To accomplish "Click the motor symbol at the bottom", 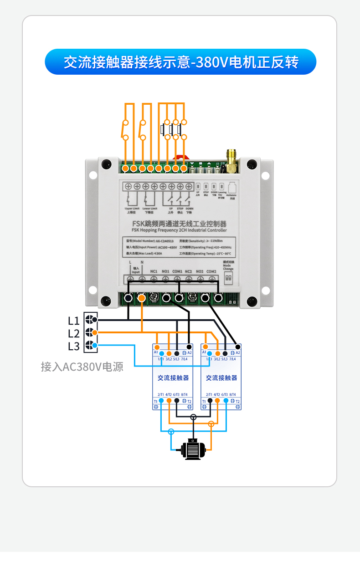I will coord(193,449).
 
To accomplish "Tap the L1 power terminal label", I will coord(74,320).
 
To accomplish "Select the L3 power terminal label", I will coord(74,346).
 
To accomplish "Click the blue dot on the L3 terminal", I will coord(94,346).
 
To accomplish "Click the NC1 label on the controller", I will coord(154,272).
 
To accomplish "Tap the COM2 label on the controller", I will coord(211,272).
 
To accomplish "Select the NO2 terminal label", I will coord(200,272).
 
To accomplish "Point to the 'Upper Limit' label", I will coord(132,209).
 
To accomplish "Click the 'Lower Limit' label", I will coord(149,209).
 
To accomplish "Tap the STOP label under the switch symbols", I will coord(180,209).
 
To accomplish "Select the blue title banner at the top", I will coord(180,62).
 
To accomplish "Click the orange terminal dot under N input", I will coord(142,298).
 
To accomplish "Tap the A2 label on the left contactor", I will coord(190,353).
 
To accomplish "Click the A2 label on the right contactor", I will coord(238,353).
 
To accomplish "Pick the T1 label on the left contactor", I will coord(155,402).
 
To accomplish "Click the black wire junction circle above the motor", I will coord(193,417).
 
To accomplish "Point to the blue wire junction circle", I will coord(171,432).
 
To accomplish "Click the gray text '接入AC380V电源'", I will coord(82,367).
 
